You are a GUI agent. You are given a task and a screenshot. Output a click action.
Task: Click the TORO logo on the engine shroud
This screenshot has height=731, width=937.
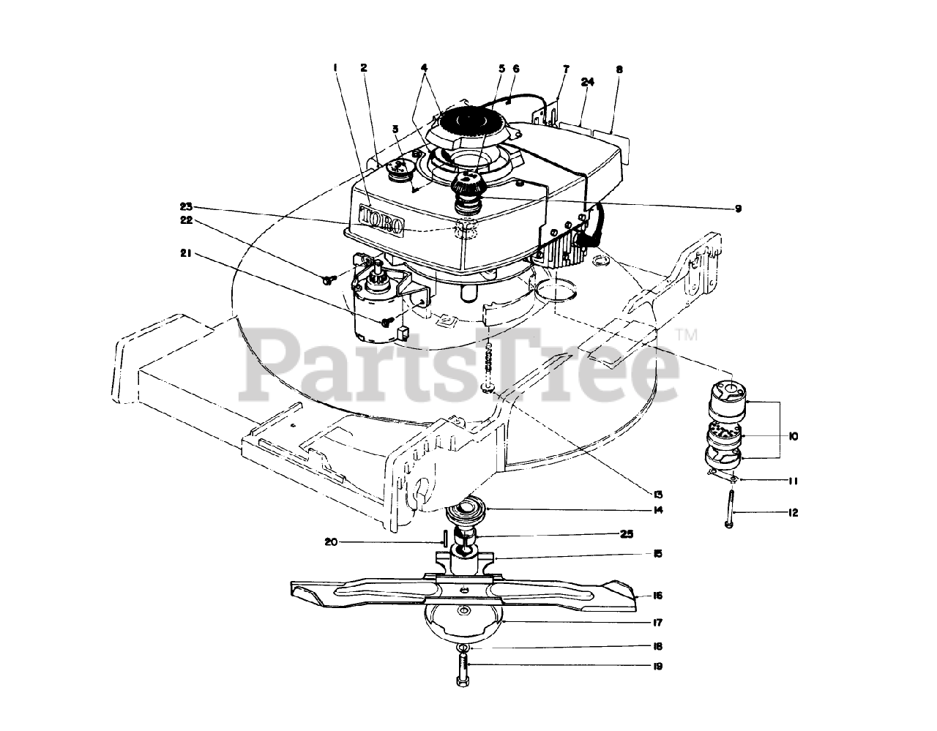coord(381,220)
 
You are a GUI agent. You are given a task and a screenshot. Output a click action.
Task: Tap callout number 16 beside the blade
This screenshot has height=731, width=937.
coord(657,596)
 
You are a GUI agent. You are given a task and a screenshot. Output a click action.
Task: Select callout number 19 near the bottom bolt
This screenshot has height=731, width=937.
coord(657,666)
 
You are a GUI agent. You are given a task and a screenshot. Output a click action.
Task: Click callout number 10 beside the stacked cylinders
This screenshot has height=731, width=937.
coord(794,436)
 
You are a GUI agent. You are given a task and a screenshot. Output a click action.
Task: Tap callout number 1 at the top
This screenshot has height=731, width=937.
coord(335,68)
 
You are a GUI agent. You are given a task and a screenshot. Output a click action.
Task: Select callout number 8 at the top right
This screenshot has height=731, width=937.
coord(619,70)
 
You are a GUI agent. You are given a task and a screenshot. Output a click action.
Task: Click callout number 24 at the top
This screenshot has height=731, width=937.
coord(588,82)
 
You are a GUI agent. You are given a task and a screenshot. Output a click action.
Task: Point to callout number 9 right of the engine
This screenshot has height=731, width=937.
coord(738,209)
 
